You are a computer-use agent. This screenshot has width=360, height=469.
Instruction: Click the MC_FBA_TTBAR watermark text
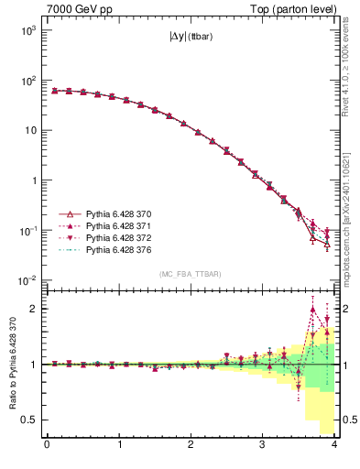pyautogui.click(x=191, y=274)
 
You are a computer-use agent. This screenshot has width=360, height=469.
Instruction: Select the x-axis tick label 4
pyautogui.click(x=334, y=446)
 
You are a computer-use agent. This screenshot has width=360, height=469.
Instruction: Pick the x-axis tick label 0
pyautogui.click(x=47, y=446)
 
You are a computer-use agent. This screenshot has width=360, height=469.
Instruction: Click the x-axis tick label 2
pyautogui.click(x=191, y=446)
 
